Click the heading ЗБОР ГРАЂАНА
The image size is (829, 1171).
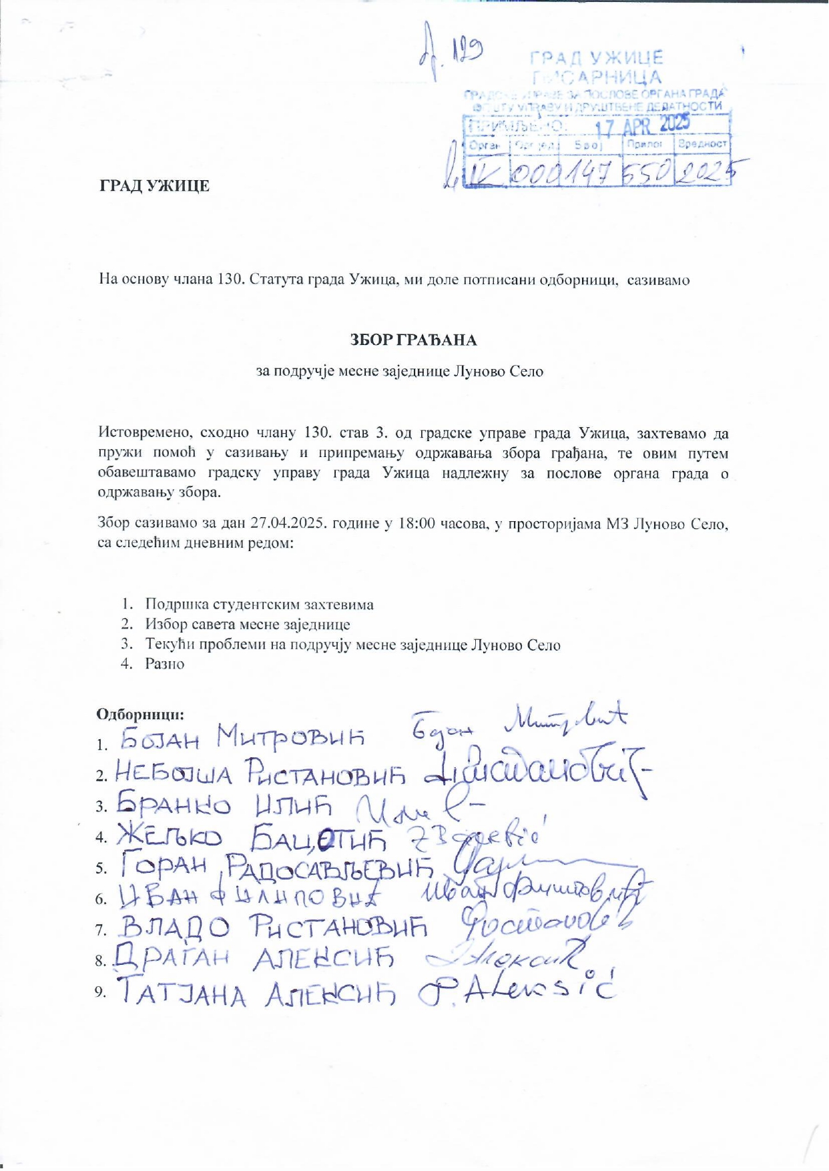coord(414,340)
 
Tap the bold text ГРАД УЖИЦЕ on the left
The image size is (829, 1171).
coord(155,185)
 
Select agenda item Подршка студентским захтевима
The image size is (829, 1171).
coord(260,605)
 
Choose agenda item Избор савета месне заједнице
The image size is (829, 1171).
coord(248,625)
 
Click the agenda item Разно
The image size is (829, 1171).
coord(165,664)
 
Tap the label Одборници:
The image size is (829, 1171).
coord(141,714)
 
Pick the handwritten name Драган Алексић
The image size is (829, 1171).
coord(254,959)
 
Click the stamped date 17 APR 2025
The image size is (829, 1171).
coord(642,125)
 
